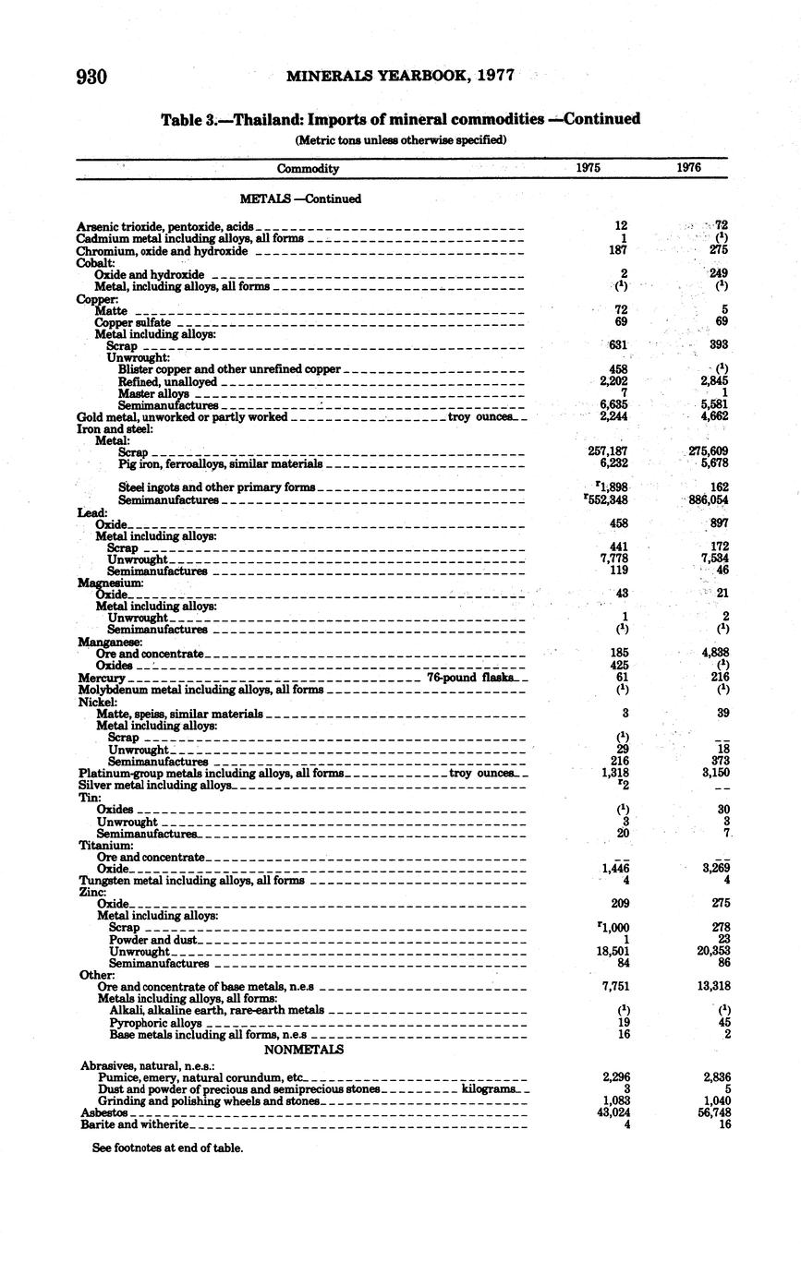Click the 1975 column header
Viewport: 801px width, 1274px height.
click(x=589, y=168)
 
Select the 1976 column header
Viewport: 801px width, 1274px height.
click(x=688, y=168)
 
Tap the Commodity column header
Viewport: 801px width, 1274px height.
click(x=308, y=169)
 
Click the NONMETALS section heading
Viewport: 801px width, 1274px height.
click(x=304, y=1050)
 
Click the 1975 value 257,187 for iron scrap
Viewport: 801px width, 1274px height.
click(x=608, y=452)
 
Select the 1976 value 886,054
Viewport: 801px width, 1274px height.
click(x=708, y=499)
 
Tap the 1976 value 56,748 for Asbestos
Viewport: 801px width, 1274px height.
click(x=710, y=1113)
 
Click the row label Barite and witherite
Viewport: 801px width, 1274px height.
click(x=135, y=1124)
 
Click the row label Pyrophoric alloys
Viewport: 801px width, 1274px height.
click(x=155, y=1023)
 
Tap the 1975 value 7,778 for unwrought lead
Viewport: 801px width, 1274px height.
click(x=613, y=559)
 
